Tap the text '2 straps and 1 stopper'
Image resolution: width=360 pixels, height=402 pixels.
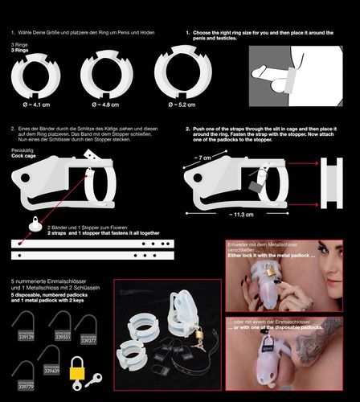(x=80, y=233)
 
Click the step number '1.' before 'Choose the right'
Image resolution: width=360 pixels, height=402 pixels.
(x=188, y=34)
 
